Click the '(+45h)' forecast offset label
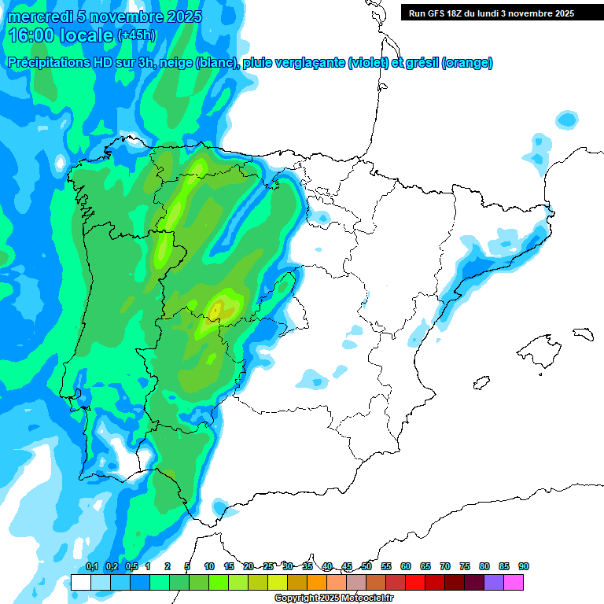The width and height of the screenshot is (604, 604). pyautogui.click(x=136, y=35)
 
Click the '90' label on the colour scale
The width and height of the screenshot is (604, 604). pyautogui.click(x=524, y=566)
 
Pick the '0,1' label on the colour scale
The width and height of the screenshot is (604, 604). pyautogui.click(x=91, y=566)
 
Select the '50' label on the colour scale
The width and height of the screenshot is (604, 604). pyautogui.click(x=366, y=566)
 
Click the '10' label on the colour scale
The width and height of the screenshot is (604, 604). pyautogui.click(x=209, y=566)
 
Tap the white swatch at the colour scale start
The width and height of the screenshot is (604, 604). pyautogui.click(x=80, y=582)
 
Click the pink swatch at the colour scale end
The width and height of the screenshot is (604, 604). pyautogui.click(x=514, y=582)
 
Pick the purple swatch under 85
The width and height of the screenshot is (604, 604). pyautogui.click(x=494, y=582)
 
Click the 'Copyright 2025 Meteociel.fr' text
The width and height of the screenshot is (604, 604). pyautogui.click(x=333, y=598)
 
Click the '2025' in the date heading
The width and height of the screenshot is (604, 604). pyautogui.click(x=179, y=17)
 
